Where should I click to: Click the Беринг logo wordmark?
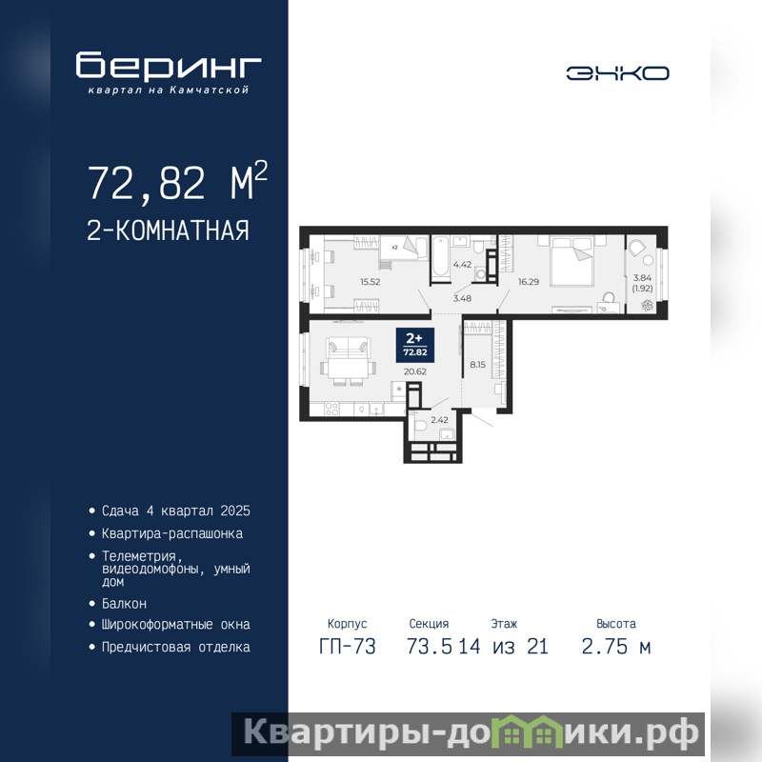tap(169, 66)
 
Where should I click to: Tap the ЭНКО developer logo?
tap(617, 73)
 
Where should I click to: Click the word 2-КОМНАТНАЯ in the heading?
tap(168, 231)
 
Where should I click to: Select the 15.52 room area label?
tap(370, 282)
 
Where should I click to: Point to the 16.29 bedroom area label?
tap(529, 282)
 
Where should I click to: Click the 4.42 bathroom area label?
tap(462, 265)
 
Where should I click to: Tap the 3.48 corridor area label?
tap(462, 298)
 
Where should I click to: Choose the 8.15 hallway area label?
tap(477, 365)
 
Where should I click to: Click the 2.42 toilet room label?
tap(439, 420)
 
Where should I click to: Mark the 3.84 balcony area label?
tap(642, 278)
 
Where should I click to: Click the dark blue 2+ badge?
tap(415, 345)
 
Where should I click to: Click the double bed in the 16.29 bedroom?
tap(571, 260)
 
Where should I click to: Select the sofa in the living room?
tap(348, 347)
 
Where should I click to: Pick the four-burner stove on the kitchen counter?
tap(331, 410)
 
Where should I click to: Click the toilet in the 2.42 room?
tap(420, 426)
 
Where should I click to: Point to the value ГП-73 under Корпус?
tap(348, 647)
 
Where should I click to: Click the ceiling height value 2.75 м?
tap(615, 647)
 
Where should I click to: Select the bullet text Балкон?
tap(124, 604)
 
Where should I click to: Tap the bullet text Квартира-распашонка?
tap(172, 533)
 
